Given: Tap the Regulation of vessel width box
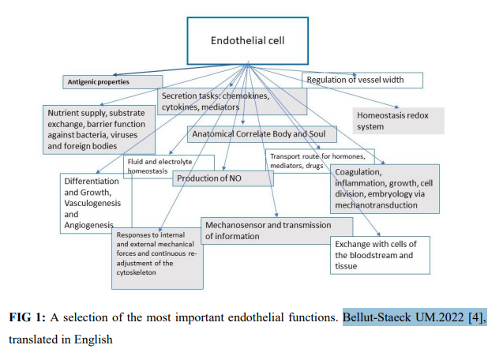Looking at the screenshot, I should click(x=362, y=80).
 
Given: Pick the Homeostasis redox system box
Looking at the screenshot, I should click(x=396, y=120).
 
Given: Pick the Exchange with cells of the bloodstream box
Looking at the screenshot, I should click(x=380, y=254).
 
